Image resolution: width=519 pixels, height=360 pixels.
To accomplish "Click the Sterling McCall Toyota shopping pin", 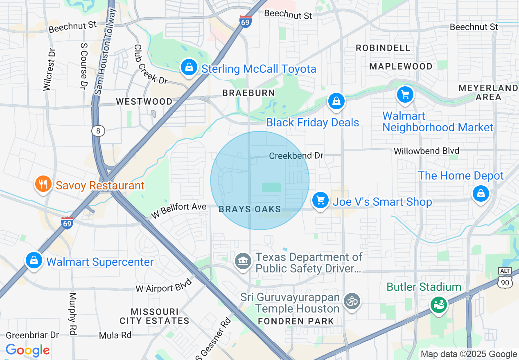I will [x=189, y=67].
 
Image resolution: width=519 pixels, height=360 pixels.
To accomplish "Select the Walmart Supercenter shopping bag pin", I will [x=34, y=260].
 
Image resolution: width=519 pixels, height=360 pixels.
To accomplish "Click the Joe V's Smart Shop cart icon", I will [x=320, y=200].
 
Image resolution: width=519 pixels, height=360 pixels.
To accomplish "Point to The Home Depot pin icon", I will [x=481, y=193].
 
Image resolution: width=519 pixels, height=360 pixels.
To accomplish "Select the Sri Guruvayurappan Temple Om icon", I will [x=351, y=301].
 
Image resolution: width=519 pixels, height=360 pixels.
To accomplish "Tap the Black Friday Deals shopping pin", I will [x=336, y=101].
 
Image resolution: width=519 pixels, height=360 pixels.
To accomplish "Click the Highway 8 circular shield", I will [x=98, y=131].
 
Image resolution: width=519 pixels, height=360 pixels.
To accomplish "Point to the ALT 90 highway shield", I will [x=505, y=278].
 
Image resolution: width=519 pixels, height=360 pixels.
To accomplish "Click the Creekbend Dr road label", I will [x=296, y=156].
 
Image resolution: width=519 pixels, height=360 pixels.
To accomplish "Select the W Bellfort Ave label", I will [x=178, y=210].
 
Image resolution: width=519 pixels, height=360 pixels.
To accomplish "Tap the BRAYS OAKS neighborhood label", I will [x=250, y=209].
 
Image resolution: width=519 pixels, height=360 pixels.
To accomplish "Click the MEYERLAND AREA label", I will [x=488, y=92].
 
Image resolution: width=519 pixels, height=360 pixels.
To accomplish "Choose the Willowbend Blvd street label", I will [x=426, y=151].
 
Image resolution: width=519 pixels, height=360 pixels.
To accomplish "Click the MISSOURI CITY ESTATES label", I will [x=154, y=316].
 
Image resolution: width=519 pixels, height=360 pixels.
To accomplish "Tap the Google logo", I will [x=27, y=350].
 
